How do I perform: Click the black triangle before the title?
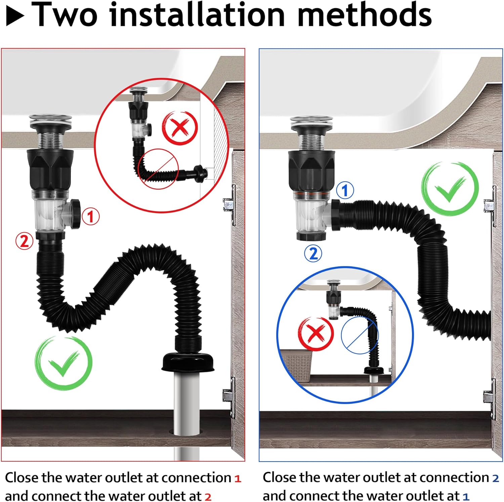(x=15, y=17)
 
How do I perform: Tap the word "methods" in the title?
(x=364, y=15)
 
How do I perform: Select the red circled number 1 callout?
(x=90, y=217)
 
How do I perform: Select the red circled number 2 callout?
(x=24, y=241)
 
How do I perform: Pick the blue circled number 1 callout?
(x=345, y=190)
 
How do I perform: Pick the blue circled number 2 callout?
(x=313, y=254)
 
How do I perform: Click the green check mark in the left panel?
(x=63, y=363)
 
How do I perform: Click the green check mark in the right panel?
(x=450, y=188)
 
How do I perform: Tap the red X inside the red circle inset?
(x=180, y=128)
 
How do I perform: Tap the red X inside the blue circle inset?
(x=316, y=334)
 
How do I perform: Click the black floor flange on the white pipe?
(x=188, y=362)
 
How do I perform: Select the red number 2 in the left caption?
(x=208, y=497)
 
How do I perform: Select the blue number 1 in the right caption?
(x=466, y=497)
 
